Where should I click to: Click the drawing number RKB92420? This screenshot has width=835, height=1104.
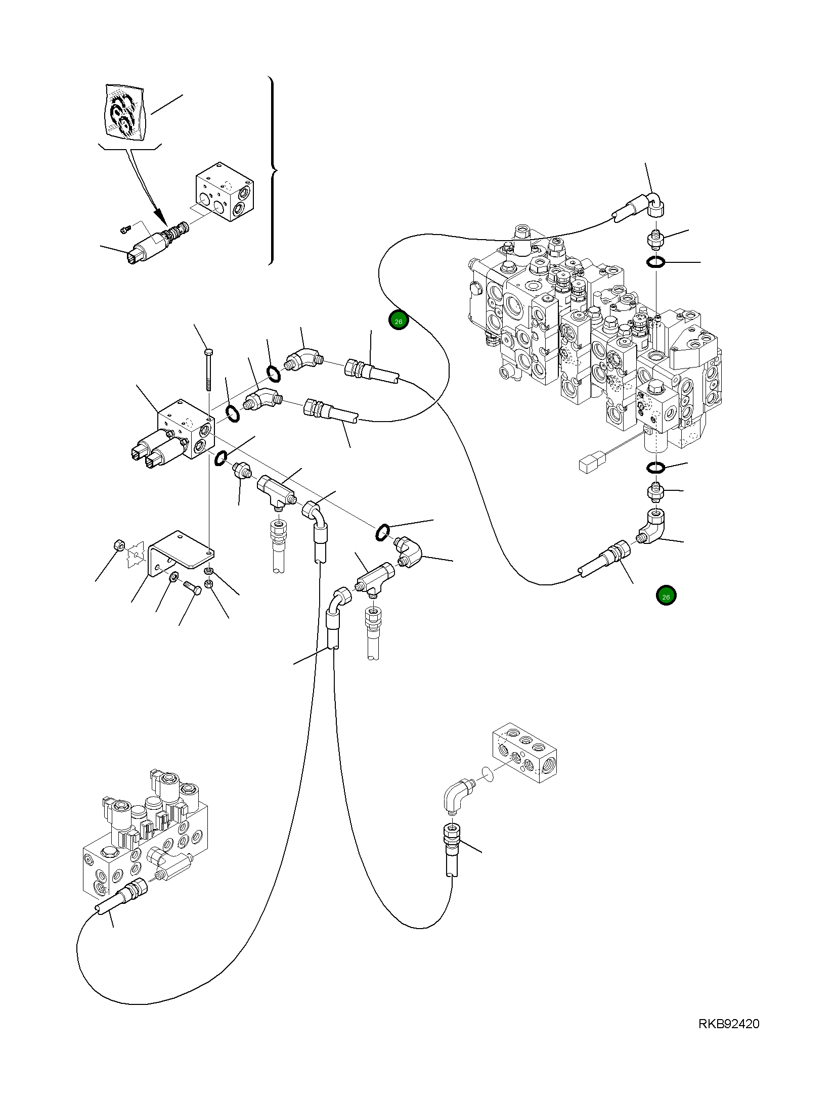(728, 1034)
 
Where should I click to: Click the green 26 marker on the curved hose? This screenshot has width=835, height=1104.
(399, 321)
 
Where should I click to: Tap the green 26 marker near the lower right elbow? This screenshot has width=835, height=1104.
(666, 596)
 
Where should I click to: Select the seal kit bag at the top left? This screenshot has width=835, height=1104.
(124, 112)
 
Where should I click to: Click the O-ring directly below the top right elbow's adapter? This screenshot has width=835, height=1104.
(656, 262)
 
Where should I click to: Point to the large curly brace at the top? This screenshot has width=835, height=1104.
(272, 170)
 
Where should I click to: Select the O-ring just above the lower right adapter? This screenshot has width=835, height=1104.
(655, 468)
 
